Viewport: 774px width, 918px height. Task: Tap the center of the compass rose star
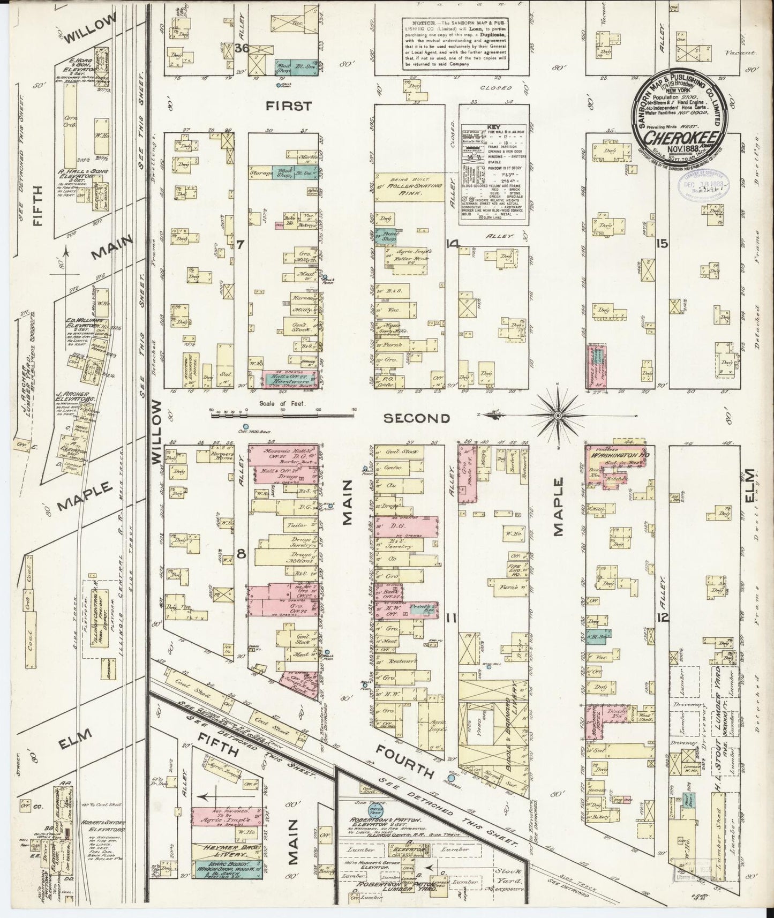point(558,415)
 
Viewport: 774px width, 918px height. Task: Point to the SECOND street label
point(416,418)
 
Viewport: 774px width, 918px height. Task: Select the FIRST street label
point(289,106)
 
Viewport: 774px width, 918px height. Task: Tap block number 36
point(242,48)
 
